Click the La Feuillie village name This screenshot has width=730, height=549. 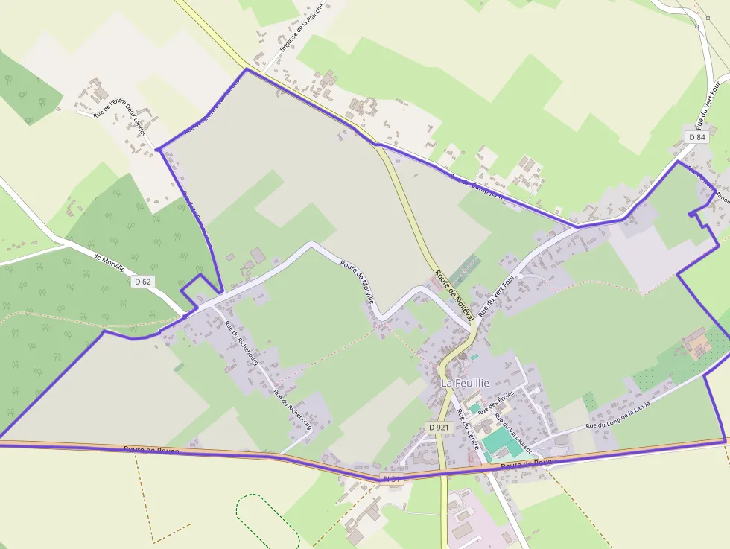465,382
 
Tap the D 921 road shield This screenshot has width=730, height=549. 439,427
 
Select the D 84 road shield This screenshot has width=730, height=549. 697,137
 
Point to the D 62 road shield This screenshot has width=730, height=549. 143,282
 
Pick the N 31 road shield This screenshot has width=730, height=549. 392,477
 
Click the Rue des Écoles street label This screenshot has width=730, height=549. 496,402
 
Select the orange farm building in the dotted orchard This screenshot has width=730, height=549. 698,343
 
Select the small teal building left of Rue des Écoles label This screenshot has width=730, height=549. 475,408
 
